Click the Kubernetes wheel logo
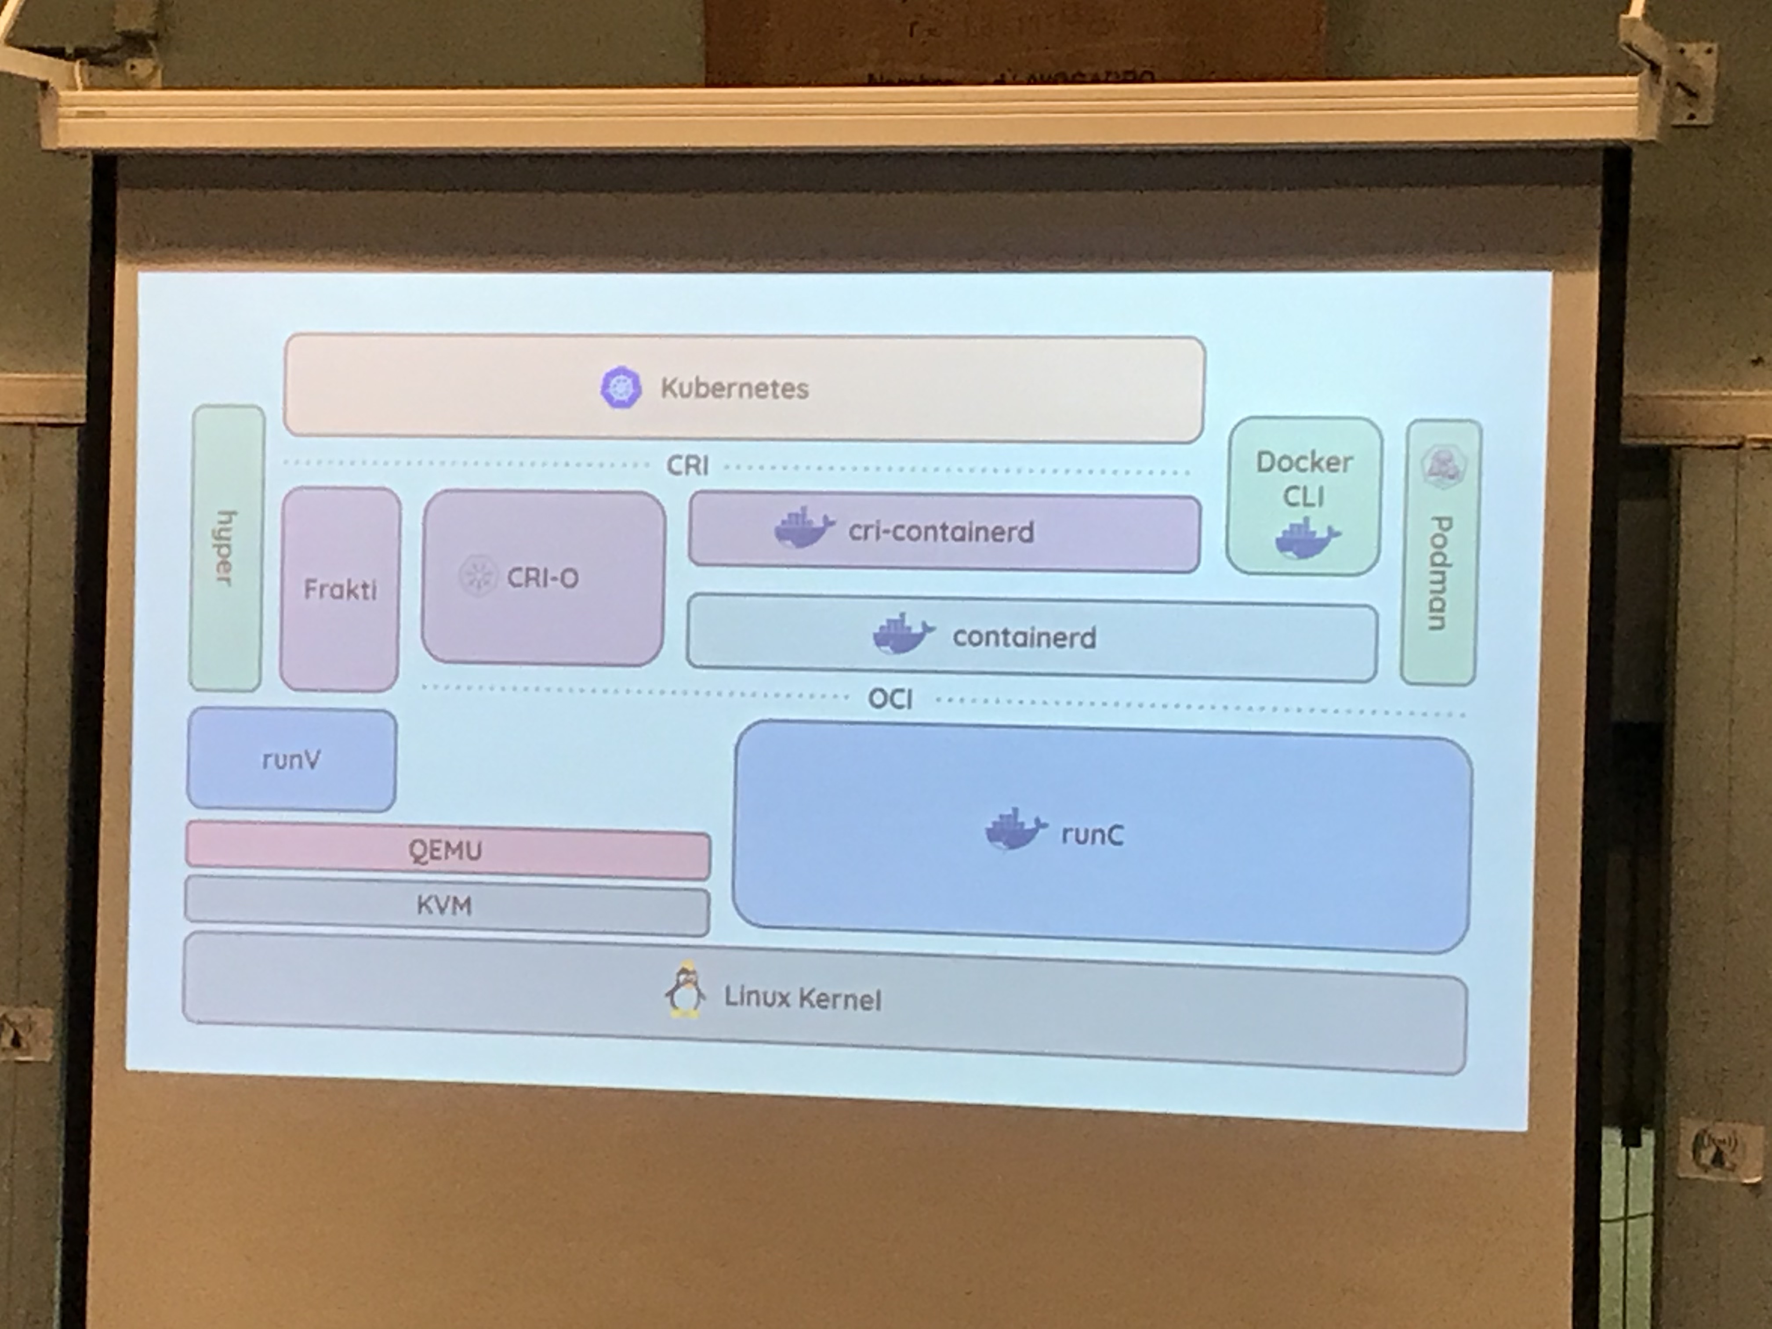(621, 388)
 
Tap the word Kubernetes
(734, 389)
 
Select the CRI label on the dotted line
(687, 465)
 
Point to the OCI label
(890, 699)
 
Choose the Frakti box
(340, 590)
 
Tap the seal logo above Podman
(1444, 466)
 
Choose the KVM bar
(445, 906)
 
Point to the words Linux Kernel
(802, 998)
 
